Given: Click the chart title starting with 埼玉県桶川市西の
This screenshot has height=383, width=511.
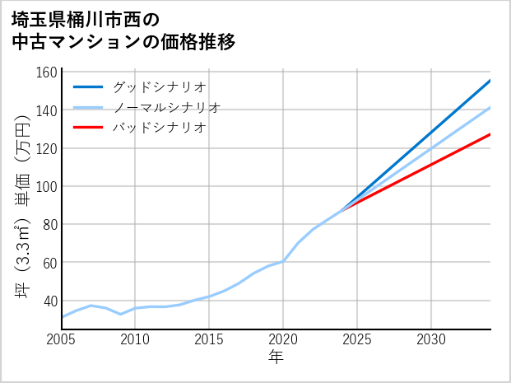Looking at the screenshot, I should click(123, 30).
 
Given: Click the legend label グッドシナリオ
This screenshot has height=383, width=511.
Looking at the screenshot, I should click(158, 86).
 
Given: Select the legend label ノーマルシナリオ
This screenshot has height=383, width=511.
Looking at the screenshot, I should click(166, 107).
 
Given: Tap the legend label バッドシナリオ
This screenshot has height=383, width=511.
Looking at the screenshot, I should click(158, 128).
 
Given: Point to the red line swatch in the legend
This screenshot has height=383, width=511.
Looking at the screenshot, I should click(88, 128).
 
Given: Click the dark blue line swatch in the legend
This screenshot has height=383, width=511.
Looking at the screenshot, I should click(88, 86).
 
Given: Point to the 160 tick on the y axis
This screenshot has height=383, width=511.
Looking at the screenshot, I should click(47, 72).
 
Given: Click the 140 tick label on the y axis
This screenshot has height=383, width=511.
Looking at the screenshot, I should click(47, 110).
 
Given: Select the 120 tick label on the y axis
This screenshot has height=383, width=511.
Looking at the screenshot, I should click(47, 148).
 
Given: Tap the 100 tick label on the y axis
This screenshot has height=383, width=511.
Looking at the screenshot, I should click(47, 186).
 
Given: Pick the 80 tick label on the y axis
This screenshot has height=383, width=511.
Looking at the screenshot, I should click(49, 224).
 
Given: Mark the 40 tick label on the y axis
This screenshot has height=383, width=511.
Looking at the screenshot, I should click(49, 301).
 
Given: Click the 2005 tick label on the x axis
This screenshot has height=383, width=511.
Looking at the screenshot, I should click(62, 339).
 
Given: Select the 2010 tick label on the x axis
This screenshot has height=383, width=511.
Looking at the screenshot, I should click(135, 339).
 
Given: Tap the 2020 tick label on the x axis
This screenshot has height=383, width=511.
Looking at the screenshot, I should click(283, 339).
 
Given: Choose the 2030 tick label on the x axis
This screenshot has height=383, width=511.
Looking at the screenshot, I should click(431, 339).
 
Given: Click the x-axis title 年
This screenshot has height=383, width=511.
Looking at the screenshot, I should click(276, 358).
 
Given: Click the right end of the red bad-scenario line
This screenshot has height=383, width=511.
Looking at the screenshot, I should click(490, 134).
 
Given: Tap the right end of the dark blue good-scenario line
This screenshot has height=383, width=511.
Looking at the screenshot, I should click(490, 81).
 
